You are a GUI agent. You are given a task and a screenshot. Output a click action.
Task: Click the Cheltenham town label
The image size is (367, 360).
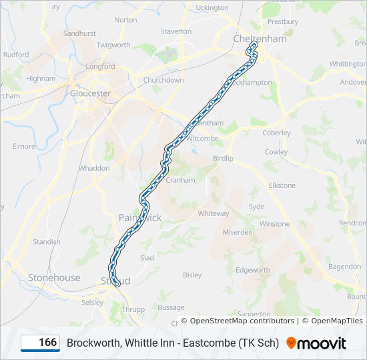[260, 39]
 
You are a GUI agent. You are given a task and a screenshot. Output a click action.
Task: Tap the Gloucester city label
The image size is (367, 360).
[90, 93]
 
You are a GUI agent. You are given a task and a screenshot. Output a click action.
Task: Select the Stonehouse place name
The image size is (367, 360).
[54, 277]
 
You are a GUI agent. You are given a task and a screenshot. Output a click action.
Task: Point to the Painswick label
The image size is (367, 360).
[140, 217]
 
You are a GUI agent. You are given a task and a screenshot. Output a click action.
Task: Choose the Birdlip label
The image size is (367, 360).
[223, 159]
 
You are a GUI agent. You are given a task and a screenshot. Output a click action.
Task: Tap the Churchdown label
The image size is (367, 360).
[163, 80]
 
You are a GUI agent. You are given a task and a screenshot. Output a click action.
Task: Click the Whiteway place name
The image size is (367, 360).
[214, 213]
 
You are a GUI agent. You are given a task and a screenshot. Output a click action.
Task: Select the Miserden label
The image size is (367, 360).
[238, 232]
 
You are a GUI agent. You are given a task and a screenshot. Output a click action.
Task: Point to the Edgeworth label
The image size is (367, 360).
[253, 270]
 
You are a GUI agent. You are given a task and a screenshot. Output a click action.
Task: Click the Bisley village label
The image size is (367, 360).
[192, 275]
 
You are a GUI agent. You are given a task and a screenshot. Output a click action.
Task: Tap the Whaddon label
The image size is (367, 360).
[94, 168]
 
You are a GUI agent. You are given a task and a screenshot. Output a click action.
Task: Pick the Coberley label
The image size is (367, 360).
[276, 133]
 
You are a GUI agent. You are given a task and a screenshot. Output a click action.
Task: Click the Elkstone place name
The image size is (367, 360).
[282, 185]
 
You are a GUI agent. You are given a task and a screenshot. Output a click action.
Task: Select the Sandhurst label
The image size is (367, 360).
[79, 33]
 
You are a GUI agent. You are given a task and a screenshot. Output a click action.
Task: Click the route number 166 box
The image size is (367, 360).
[40, 343]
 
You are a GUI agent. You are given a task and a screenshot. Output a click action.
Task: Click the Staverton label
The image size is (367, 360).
[176, 31]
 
